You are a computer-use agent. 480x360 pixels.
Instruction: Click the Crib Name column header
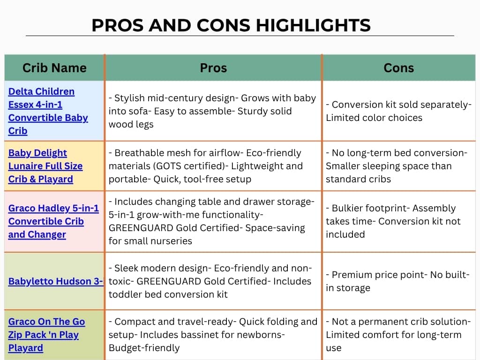54,67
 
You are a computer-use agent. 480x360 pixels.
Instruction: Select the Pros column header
213,67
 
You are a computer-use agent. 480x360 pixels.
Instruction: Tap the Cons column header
398,67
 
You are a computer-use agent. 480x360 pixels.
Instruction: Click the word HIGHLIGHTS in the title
313,25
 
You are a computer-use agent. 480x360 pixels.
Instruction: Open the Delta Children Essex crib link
48,111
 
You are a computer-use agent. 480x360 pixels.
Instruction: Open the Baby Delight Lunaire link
45,166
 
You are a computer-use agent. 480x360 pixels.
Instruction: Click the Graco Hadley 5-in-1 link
53,221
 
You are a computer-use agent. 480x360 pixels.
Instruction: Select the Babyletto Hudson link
56,281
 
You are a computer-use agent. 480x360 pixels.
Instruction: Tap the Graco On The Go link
46,335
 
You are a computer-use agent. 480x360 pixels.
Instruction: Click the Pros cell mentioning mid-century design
212,111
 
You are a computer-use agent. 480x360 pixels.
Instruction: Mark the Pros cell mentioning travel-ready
213,335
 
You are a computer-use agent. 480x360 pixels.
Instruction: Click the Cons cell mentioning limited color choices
398,111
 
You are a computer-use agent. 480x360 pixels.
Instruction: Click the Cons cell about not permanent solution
398,335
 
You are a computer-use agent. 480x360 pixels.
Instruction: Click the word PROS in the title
118,25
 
